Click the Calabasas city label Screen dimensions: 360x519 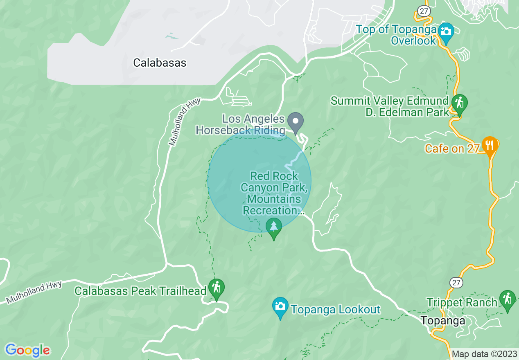tap(160, 63)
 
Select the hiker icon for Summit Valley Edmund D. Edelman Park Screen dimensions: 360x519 tap(459, 102)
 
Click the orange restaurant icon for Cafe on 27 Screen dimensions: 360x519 tap(489, 145)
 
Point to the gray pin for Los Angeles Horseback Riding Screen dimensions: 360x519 tap(295, 121)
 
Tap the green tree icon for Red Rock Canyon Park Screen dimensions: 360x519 tap(274, 227)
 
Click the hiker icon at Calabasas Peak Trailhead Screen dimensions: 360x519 tap(216, 288)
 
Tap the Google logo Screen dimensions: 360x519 tap(28, 350)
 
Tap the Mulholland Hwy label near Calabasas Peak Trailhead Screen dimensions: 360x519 tap(35, 291)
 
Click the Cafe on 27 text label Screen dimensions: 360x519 tap(452, 148)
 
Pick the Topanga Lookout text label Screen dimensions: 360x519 tap(336, 310)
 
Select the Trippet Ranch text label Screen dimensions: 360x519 tap(462, 303)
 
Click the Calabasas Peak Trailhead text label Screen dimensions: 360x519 tap(140, 291)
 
